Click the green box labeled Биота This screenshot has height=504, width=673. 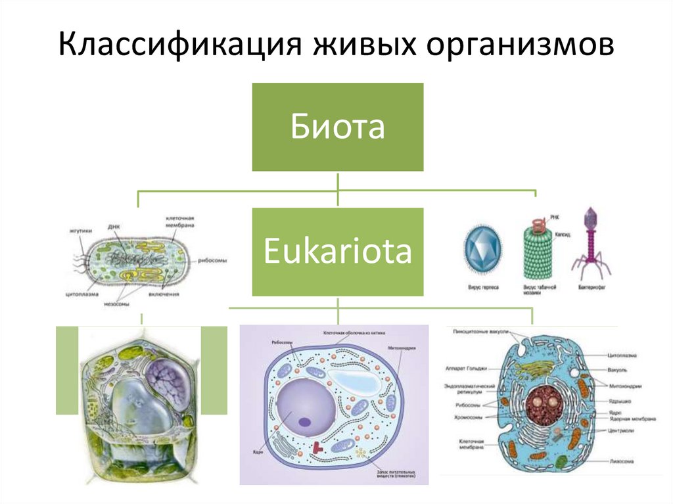coord(338,127)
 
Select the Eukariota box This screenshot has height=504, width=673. coord(338,252)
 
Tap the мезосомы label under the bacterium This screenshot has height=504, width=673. coord(116,304)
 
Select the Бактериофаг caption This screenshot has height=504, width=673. coord(592,288)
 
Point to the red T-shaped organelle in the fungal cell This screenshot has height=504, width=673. coord(318,447)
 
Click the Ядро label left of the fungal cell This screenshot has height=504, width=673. coord(256,451)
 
